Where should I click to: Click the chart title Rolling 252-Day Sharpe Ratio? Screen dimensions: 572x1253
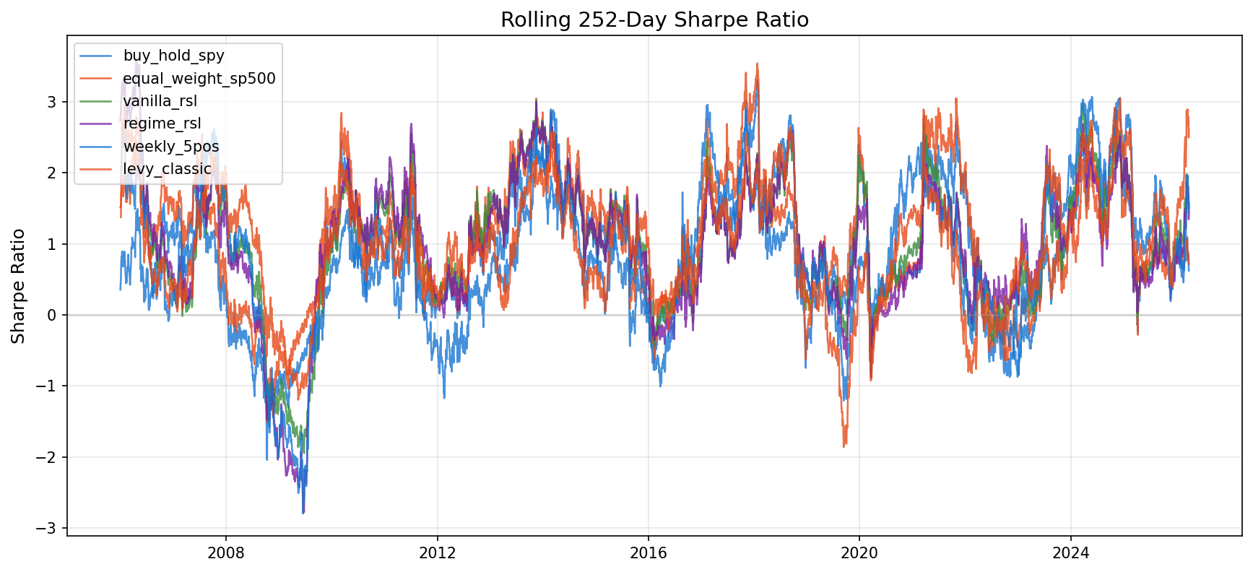[x=654, y=19]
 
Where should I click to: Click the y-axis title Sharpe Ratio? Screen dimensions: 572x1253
[x=19, y=286]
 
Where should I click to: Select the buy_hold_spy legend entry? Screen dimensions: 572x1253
[x=173, y=56]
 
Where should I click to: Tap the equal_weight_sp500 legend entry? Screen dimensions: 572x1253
[x=199, y=78]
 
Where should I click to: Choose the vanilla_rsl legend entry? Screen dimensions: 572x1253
[x=160, y=101]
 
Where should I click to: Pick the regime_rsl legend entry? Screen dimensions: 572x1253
[x=162, y=123]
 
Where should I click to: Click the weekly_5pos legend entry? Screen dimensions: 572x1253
[x=171, y=147]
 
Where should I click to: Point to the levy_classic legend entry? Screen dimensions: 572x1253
[x=168, y=169]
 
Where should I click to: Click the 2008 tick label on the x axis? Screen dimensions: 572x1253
[x=226, y=553]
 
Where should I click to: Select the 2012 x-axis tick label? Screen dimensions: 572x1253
[x=437, y=553]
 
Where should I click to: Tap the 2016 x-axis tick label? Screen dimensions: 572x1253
[x=648, y=553]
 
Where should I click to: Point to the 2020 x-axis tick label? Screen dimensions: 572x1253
[x=859, y=553]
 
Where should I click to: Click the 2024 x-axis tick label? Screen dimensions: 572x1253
[x=1070, y=553]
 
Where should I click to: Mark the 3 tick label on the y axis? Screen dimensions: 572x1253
[x=52, y=102]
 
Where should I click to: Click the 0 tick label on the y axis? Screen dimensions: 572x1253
[x=52, y=315]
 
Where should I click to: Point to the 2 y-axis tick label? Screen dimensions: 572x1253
[x=52, y=173]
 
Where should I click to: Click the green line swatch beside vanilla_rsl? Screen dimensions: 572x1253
[x=97, y=101]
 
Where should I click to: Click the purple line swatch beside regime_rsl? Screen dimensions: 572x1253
[x=97, y=123]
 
